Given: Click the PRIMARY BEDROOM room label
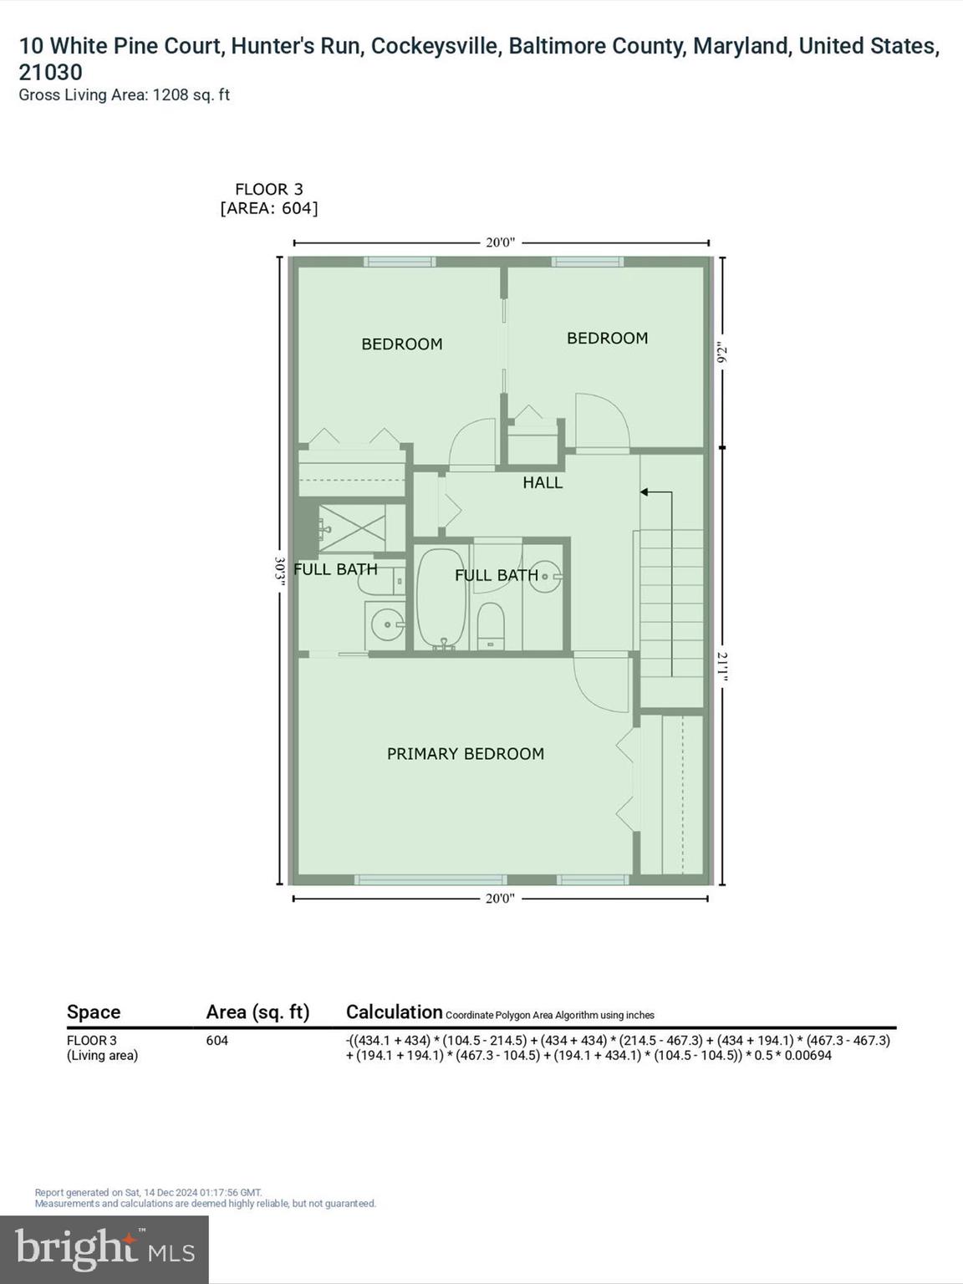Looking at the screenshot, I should click(x=465, y=754).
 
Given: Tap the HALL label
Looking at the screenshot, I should click(x=543, y=482).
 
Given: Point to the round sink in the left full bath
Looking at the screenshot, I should click(x=386, y=624).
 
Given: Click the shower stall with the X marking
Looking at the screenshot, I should click(x=352, y=528).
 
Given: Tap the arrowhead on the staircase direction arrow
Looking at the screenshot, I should click(x=645, y=492).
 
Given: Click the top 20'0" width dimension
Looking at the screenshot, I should click(x=500, y=243).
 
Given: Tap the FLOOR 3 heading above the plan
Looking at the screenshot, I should click(x=268, y=190).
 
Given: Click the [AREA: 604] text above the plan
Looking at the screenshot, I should click(x=268, y=208).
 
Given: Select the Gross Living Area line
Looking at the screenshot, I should click(x=124, y=95).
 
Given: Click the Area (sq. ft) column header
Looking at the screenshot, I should click(x=257, y=1012).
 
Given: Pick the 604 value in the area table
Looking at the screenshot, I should click(x=217, y=1041).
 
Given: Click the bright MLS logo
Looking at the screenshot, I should click(x=104, y=1249).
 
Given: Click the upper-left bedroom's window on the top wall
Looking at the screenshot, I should click(x=400, y=262).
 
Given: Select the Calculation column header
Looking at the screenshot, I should click(x=394, y=1012).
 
